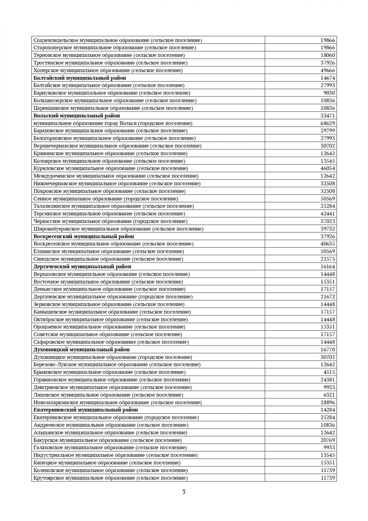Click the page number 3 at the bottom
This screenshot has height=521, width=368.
pos(184,492)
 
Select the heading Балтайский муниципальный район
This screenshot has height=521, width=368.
pos(80,78)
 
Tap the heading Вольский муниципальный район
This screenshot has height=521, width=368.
pos(77,116)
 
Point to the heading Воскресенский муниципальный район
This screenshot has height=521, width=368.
pos(84,236)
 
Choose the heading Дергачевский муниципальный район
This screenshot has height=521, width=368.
pos(82,266)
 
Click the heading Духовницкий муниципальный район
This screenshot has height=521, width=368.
pos(82,349)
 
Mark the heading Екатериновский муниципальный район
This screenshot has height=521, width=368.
pos(86,410)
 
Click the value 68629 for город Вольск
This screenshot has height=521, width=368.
pos(327,123)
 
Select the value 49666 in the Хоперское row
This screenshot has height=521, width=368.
pos(327,71)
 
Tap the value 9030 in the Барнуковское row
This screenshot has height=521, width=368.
pos(329,93)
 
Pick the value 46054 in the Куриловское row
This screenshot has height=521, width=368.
pos(327,168)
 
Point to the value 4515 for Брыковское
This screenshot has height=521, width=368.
pos(329,372)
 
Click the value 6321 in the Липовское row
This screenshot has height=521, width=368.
pos(329,395)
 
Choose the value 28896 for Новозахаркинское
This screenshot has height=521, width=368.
pos(327,403)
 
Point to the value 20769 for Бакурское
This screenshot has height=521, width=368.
pos(327,440)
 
